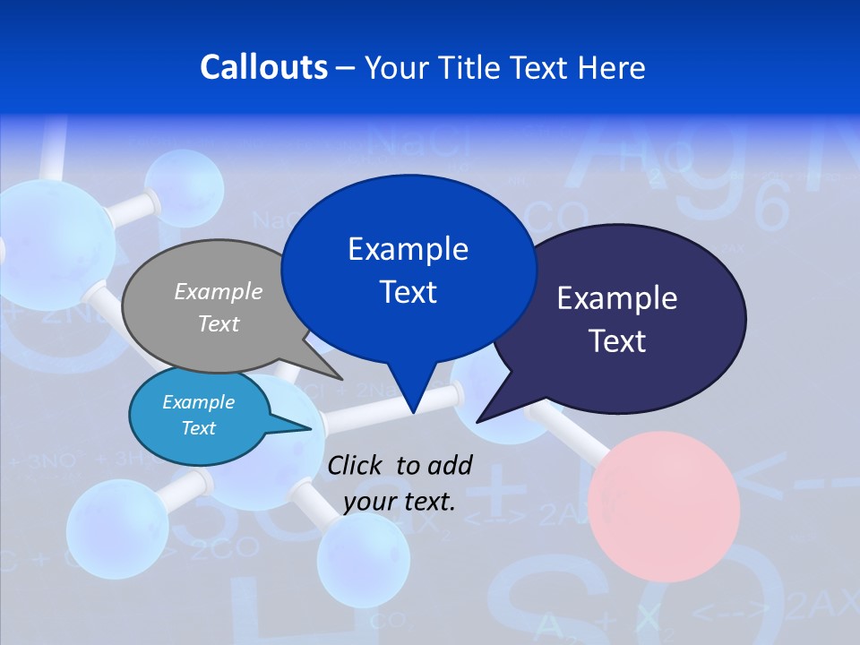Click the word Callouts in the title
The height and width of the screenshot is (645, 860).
tap(263, 67)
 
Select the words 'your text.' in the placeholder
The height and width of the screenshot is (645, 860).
tap(400, 502)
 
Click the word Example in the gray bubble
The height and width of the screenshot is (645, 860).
tap(218, 291)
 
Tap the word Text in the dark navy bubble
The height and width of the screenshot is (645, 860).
tap(618, 341)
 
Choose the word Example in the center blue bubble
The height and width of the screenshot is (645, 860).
tap(408, 249)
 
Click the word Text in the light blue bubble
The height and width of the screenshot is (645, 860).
tap(198, 428)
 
